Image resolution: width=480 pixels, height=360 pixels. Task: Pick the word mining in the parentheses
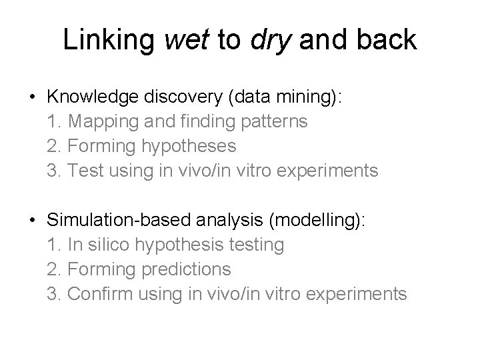pyautogui.click(x=309, y=97)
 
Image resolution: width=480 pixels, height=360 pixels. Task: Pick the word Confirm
pyautogui.click(x=97, y=294)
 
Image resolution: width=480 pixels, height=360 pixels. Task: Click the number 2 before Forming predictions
pyautogui.click(x=53, y=269)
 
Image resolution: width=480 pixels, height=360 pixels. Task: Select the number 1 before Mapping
pyautogui.click(x=53, y=121)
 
